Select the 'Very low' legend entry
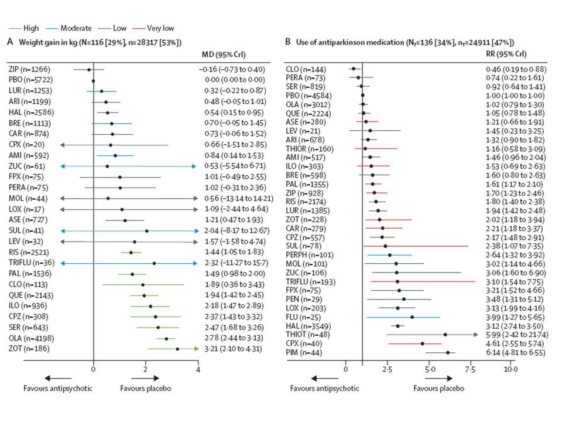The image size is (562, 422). pyautogui.click(x=160, y=28)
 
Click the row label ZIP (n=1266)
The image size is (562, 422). pyautogui.click(x=30, y=70)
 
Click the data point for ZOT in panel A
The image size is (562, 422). pyautogui.click(x=177, y=349)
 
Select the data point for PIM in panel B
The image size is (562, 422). pyautogui.click(x=448, y=352)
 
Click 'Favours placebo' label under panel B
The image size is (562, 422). pyautogui.click(x=439, y=388)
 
